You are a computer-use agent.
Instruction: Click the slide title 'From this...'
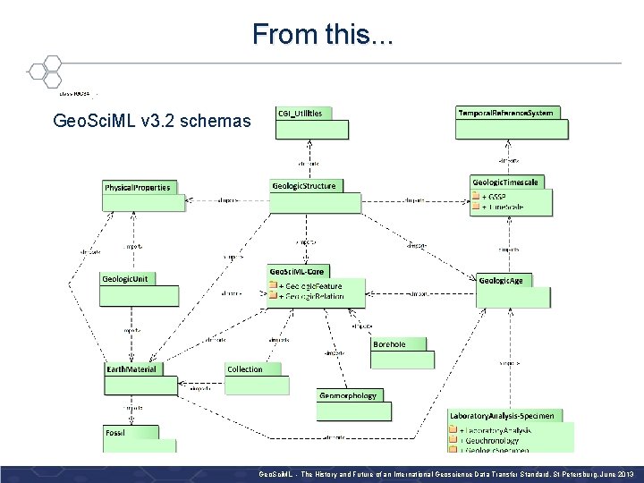pos(321,34)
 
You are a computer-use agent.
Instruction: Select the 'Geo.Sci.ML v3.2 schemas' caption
pos(152,120)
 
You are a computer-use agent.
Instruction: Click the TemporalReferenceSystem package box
pos(511,123)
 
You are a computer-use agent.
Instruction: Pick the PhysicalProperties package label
pos(137,188)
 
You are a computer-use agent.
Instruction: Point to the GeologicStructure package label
pos(304,186)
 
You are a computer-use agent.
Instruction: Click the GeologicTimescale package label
pos(506,182)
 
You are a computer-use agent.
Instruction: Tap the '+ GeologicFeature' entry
pos(309,285)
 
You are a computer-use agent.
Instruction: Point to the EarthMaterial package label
pos(131,369)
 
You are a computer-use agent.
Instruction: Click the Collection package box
pos(257,378)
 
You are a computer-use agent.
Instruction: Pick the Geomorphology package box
pos(353,405)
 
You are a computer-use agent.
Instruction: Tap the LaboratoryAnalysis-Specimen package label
pos(502,415)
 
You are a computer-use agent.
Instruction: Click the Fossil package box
pos(131,439)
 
